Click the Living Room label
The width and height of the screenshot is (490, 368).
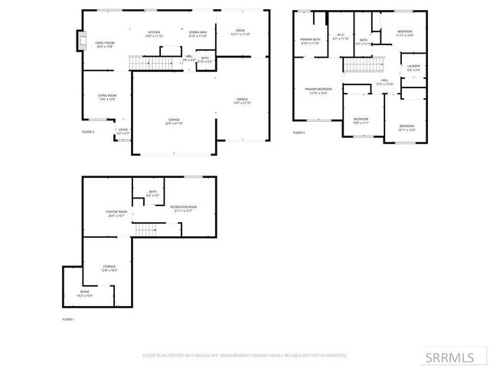(x=107, y=97)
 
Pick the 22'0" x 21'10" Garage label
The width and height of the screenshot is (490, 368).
(x=175, y=121)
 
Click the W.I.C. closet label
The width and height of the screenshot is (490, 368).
(x=341, y=36)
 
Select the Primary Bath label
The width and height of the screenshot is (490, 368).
(x=310, y=42)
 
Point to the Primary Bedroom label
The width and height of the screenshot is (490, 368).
(x=318, y=91)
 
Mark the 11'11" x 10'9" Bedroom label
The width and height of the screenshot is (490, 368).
(x=404, y=33)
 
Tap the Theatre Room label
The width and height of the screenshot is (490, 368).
(x=116, y=213)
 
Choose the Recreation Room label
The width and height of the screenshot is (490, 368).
(x=185, y=209)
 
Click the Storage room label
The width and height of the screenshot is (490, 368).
(x=109, y=268)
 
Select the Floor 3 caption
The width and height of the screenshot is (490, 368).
(x=299, y=133)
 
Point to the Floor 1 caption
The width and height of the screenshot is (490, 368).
(x=68, y=319)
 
